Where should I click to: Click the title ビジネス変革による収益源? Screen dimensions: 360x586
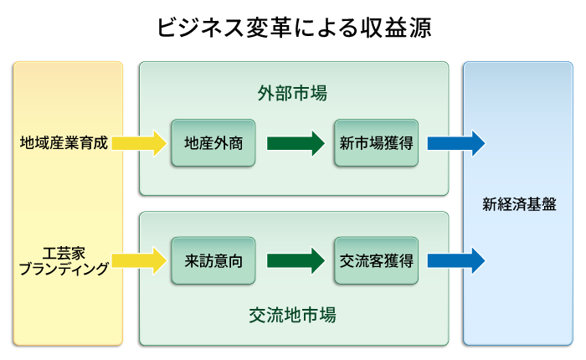pyautogui.click(x=293, y=28)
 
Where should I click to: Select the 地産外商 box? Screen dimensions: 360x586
pyautogui.click(x=213, y=143)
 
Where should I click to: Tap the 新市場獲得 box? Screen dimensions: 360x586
pyautogui.click(x=376, y=143)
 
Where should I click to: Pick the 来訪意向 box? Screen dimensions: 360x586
pyautogui.click(x=213, y=260)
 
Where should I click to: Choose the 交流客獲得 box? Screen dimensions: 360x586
pyautogui.click(x=376, y=260)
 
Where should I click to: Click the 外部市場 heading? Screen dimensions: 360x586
pyautogui.click(x=292, y=94)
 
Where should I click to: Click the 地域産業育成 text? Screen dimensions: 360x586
pyautogui.click(x=64, y=143)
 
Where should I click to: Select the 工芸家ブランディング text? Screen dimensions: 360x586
pyautogui.click(x=64, y=260)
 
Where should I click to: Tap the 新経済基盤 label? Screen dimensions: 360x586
pyautogui.click(x=519, y=204)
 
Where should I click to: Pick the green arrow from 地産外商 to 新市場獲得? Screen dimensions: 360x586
pyautogui.click(x=295, y=143)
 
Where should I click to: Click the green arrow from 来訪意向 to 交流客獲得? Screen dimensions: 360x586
pyautogui.click(x=295, y=260)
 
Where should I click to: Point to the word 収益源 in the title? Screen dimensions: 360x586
pyautogui.click(x=396, y=28)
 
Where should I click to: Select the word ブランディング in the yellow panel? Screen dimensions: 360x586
pyautogui.click(x=64, y=269)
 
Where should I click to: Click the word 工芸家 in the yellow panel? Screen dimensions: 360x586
pyautogui.click(x=64, y=252)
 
